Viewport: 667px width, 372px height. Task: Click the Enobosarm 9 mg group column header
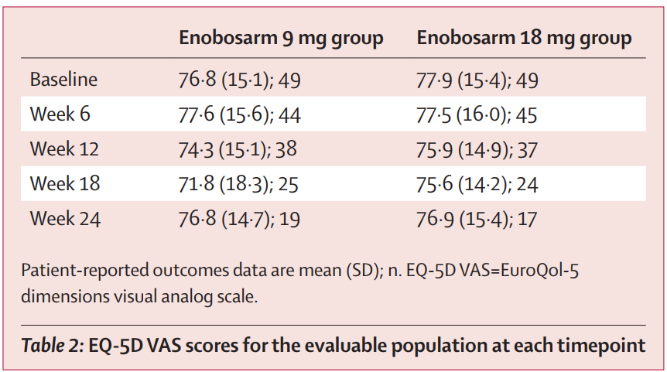click(x=281, y=38)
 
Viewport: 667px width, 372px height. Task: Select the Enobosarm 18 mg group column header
click(x=524, y=38)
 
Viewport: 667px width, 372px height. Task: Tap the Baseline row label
click(x=64, y=80)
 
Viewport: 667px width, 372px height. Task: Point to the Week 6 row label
click(x=60, y=114)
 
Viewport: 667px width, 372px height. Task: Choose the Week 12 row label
click(x=65, y=149)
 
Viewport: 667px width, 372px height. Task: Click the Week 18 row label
click(x=65, y=184)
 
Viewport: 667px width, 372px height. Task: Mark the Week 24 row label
click(x=65, y=219)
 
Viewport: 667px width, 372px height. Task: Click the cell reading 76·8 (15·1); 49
click(x=239, y=80)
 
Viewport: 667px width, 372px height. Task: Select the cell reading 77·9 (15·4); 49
click(x=477, y=80)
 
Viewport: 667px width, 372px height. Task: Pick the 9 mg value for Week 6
click(x=239, y=114)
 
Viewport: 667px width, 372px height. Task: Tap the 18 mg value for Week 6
click(x=477, y=114)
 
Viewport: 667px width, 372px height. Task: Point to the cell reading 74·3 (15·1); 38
click(x=238, y=149)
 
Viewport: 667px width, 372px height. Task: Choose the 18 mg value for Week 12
click(x=477, y=149)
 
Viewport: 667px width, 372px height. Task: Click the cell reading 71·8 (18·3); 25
click(x=238, y=184)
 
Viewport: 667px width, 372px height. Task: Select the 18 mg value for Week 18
click(x=477, y=184)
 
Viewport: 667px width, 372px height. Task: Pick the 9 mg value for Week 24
click(x=238, y=219)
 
